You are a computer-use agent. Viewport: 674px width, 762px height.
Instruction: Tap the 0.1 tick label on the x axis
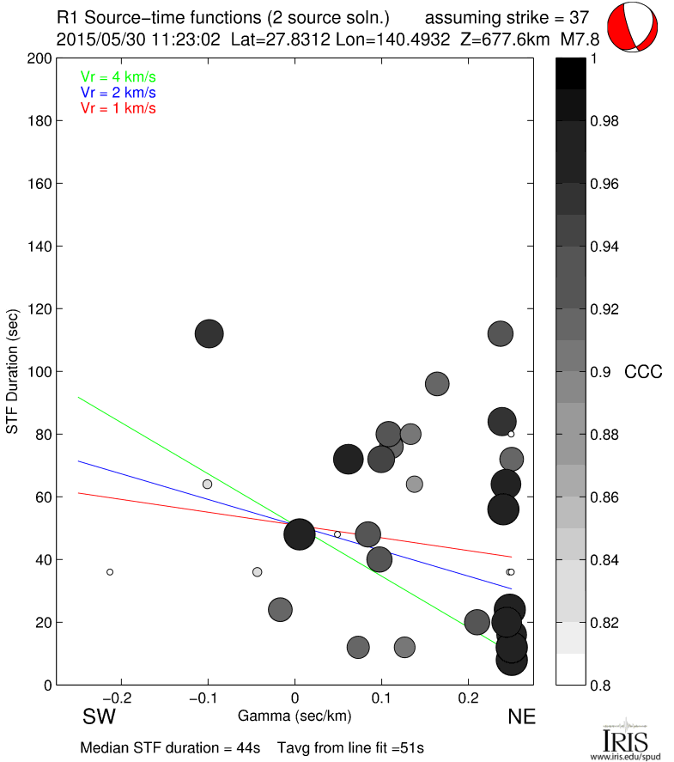(381, 696)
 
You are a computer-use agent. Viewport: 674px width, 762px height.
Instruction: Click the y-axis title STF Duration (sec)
(13, 371)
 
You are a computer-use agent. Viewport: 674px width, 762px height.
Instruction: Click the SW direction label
(99, 716)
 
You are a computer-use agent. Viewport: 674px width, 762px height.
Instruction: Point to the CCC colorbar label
(642, 372)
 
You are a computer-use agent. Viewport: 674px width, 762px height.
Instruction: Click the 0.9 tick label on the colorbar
(601, 372)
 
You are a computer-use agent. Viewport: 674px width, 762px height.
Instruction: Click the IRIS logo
(625, 739)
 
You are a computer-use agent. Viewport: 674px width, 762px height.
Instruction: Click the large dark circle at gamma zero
(300, 533)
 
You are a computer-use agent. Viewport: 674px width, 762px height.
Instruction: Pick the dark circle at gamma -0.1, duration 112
(209, 333)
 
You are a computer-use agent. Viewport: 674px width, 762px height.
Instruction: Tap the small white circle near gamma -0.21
(110, 571)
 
